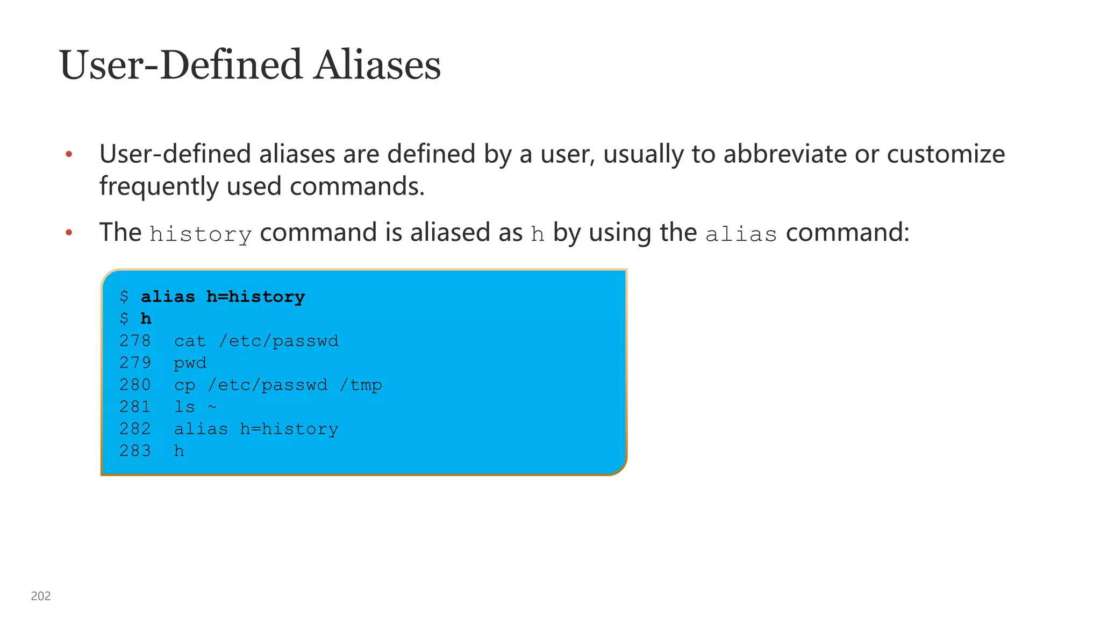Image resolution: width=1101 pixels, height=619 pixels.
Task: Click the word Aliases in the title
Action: (x=377, y=65)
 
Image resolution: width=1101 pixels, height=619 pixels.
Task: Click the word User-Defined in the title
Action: (x=181, y=65)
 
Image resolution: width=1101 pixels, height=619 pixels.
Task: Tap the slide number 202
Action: (x=41, y=596)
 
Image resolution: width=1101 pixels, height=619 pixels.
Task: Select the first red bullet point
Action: (x=69, y=155)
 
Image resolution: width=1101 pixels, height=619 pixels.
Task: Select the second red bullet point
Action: (x=69, y=233)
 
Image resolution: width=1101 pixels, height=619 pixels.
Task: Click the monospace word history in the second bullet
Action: (x=201, y=234)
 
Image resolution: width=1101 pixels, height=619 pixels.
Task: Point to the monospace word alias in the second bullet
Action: (x=741, y=234)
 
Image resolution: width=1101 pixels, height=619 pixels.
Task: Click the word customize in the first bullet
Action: (x=946, y=155)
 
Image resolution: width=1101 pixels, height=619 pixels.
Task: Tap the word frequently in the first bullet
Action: (x=159, y=186)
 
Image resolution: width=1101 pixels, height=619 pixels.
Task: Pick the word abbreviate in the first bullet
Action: (x=785, y=154)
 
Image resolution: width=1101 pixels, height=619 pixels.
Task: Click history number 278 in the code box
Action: (x=135, y=341)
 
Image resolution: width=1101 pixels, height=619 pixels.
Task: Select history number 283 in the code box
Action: (x=135, y=450)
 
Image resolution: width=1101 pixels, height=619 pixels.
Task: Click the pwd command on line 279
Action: (x=190, y=363)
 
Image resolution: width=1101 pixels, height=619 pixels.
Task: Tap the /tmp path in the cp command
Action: (x=361, y=385)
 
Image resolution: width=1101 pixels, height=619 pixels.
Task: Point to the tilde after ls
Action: (x=212, y=407)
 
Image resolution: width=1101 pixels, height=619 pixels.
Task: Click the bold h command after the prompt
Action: (x=146, y=319)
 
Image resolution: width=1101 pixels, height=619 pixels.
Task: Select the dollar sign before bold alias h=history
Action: (x=124, y=297)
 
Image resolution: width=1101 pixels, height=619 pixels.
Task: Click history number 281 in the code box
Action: (x=135, y=407)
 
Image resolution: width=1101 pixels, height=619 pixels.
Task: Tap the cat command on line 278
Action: (x=190, y=341)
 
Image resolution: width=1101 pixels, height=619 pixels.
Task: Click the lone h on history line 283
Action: (x=179, y=450)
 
